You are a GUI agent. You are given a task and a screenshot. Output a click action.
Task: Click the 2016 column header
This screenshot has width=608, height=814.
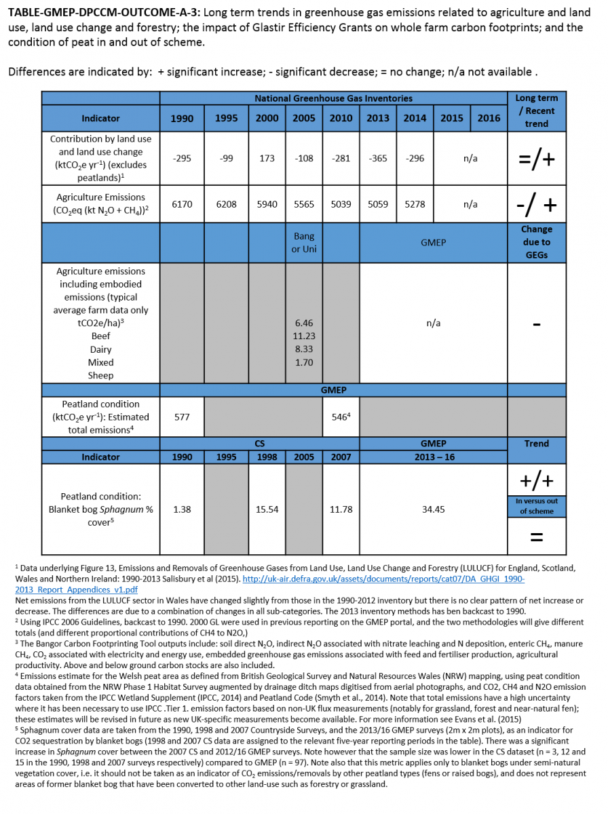click(x=489, y=118)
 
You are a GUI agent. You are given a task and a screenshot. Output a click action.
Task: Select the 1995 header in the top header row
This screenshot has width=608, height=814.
click(x=226, y=118)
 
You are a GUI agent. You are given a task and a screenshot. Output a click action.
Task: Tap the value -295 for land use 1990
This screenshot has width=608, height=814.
click(x=182, y=158)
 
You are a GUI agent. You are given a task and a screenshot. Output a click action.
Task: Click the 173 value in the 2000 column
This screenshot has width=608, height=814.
click(x=267, y=158)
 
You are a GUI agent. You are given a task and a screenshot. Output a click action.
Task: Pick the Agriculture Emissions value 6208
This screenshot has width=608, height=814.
click(x=226, y=204)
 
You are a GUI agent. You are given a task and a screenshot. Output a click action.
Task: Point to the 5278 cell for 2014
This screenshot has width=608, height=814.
click(x=415, y=204)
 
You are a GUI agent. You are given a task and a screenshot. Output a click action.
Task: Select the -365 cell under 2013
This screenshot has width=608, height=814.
click(x=378, y=158)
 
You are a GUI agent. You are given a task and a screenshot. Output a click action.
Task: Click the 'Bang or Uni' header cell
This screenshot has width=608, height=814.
click(x=304, y=243)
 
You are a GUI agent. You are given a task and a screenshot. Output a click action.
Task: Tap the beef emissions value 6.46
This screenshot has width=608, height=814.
click(x=304, y=324)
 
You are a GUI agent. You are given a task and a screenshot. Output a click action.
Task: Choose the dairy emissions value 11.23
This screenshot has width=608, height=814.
click(x=304, y=336)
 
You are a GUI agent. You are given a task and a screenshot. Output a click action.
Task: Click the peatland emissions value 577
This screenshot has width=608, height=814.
click(x=182, y=417)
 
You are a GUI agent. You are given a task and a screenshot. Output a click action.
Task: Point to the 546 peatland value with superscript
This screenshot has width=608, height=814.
click(x=341, y=417)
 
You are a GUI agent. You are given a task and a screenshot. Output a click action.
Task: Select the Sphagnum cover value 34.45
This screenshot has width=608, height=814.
click(x=433, y=509)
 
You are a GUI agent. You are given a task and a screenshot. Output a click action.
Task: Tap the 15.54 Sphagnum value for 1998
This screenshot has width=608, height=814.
click(x=267, y=509)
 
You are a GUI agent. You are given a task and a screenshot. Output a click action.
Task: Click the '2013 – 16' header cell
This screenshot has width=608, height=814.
click(x=433, y=457)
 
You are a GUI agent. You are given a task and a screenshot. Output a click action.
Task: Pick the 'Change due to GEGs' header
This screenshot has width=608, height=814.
click(x=536, y=242)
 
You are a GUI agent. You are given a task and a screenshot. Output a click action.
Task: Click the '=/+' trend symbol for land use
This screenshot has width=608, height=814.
click(x=536, y=160)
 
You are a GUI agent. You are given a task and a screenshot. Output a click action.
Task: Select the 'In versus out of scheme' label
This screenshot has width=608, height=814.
click(x=536, y=506)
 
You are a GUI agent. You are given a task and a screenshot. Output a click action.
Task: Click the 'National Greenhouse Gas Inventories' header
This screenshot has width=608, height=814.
click(x=333, y=98)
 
